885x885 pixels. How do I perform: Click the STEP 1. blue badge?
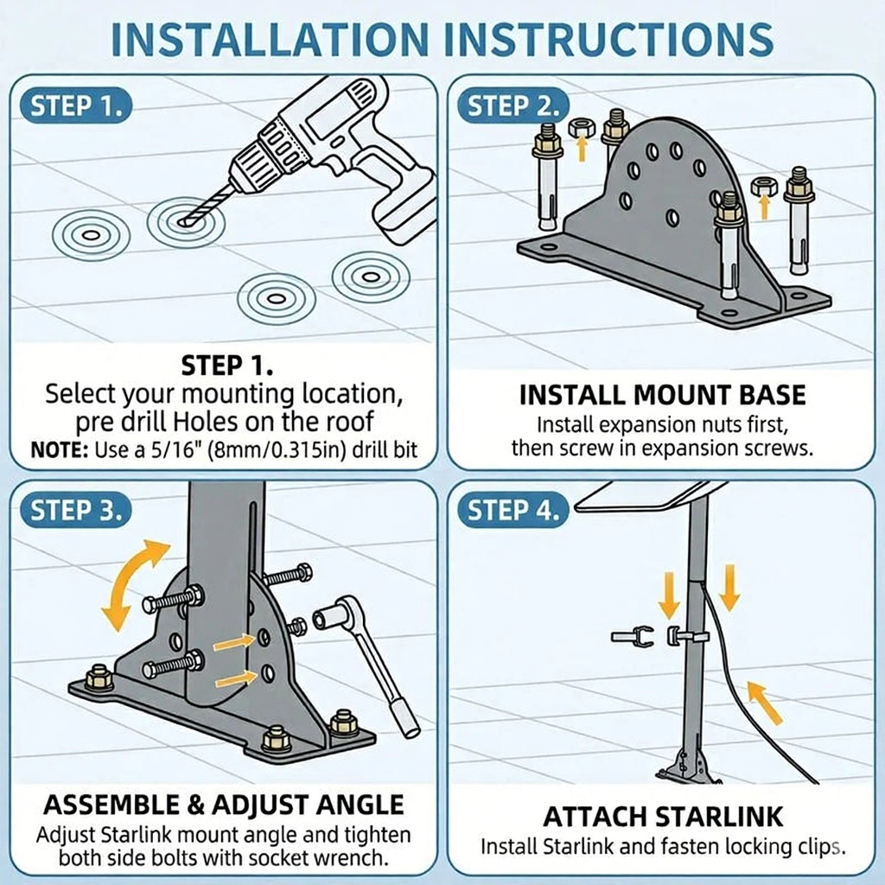(x=76, y=105)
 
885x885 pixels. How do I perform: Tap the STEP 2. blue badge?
(x=513, y=105)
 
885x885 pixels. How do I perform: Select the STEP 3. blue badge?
(x=76, y=511)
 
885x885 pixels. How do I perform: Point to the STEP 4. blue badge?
(x=513, y=511)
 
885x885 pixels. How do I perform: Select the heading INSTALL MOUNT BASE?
(x=662, y=395)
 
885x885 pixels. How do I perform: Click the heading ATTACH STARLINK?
(x=663, y=816)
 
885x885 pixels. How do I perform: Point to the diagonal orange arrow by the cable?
(x=766, y=702)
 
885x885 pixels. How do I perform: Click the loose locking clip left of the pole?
(x=632, y=637)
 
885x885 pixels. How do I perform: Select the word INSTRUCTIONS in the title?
(x=608, y=39)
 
